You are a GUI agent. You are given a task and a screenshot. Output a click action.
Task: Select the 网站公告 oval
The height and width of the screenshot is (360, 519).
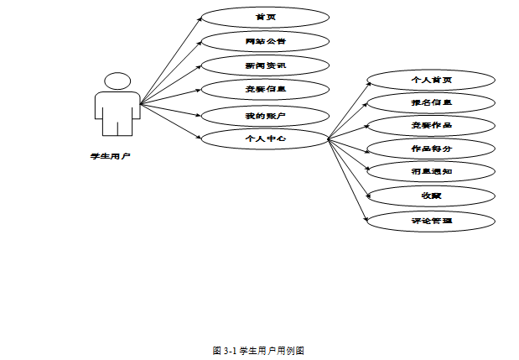[265, 40]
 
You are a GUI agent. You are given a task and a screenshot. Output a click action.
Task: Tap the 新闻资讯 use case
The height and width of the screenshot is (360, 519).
[265, 65]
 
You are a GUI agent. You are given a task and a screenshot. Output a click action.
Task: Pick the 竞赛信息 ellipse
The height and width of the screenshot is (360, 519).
[265, 88]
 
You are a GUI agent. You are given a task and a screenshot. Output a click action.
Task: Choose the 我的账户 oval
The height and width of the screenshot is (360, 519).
[265, 113]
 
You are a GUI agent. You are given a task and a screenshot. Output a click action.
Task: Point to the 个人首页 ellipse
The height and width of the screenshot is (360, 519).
[431, 81]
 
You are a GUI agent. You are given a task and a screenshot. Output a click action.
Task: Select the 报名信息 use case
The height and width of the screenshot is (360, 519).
[431, 103]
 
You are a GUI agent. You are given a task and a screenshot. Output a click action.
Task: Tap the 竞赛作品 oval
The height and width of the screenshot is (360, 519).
[431, 126]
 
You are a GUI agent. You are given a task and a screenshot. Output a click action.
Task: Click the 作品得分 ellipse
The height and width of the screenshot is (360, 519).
[431, 149]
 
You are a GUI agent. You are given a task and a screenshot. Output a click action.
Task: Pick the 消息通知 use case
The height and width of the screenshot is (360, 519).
[431, 172]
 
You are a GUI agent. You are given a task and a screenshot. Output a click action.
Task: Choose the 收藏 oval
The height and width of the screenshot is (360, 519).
[431, 196]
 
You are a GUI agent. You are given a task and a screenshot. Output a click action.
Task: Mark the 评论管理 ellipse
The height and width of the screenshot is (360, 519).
[431, 220]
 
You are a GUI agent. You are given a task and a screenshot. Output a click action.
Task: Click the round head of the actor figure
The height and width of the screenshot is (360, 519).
[117, 81]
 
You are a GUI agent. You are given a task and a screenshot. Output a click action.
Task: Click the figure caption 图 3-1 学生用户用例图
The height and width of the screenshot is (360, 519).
[258, 350]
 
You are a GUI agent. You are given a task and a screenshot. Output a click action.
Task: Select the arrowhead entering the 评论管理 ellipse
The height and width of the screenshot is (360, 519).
[366, 219]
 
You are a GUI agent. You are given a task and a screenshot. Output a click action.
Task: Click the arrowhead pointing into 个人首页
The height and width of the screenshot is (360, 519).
[366, 82]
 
